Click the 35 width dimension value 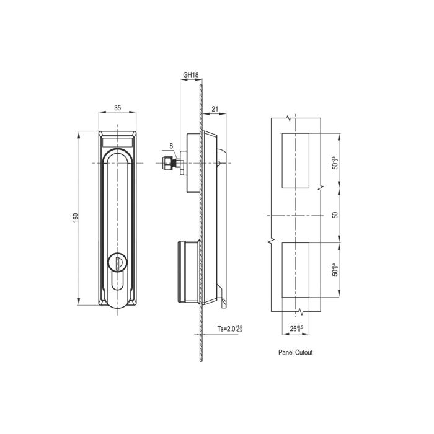pyautogui.click(x=118, y=107)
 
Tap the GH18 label pyautogui.click(x=190, y=75)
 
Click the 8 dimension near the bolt pyautogui.click(x=171, y=147)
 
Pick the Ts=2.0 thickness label pyautogui.click(x=229, y=329)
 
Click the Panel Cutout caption pyautogui.click(x=295, y=352)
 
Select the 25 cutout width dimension pyautogui.click(x=296, y=328)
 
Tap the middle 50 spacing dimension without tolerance pyautogui.click(x=335, y=215)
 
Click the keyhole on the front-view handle pyautogui.click(x=118, y=263)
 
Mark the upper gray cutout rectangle pyautogui.click(x=296, y=160)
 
